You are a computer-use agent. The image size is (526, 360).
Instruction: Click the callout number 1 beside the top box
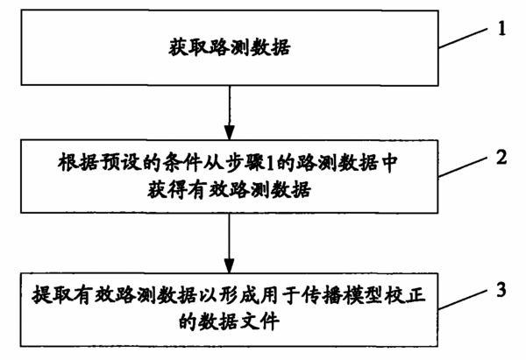(x=501, y=28)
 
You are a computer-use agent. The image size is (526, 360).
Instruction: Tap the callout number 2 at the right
(x=501, y=157)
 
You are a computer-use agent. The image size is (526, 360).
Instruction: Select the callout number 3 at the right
(x=501, y=289)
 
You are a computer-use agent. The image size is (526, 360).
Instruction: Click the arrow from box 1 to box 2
(x=230, y=113)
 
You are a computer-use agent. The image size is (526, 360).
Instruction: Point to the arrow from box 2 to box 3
(x=230, y=243)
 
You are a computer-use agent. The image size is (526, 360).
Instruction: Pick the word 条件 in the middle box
(x=182, y=163)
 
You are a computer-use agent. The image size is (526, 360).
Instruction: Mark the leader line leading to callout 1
(x=463, y=38)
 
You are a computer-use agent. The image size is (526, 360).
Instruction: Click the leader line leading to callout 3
(x=463, y=299)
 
